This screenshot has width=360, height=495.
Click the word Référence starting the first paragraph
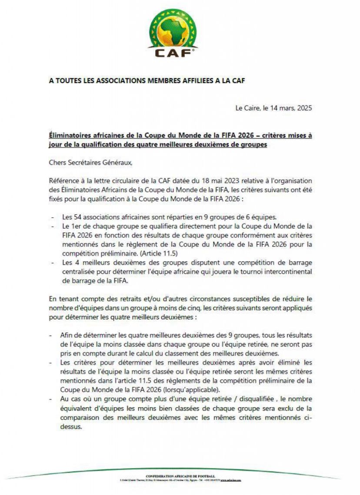[x=63, y=180]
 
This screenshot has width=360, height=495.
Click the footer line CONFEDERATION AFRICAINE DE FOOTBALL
[x=180, y=476]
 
